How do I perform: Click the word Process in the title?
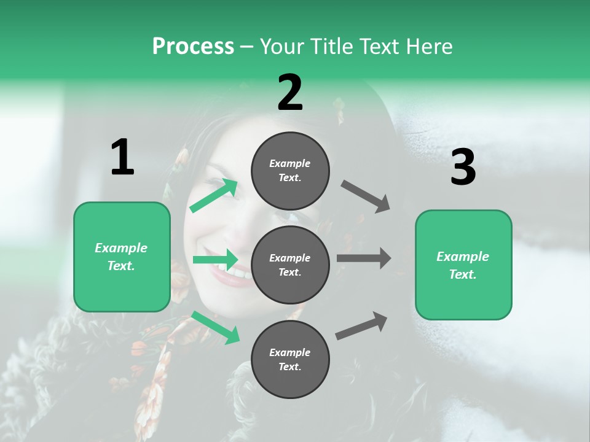(193, 47)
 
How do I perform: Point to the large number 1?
(122, 158)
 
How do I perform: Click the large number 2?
(290, 93)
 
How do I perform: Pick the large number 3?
(463, 168)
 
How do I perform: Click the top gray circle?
(290, 171)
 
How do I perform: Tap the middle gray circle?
(290, 265)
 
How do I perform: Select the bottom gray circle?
(290, 359)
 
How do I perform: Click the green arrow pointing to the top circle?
(214, 195)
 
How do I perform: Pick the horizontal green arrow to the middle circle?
(216, 260)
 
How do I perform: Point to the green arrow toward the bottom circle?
(216, 327)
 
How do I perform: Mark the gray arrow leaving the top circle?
(366, 196)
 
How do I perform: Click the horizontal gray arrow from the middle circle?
(363, 258)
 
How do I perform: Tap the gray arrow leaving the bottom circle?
(362, 325)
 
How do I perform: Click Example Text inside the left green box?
(121, 257)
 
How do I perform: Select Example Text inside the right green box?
(463, 265)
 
